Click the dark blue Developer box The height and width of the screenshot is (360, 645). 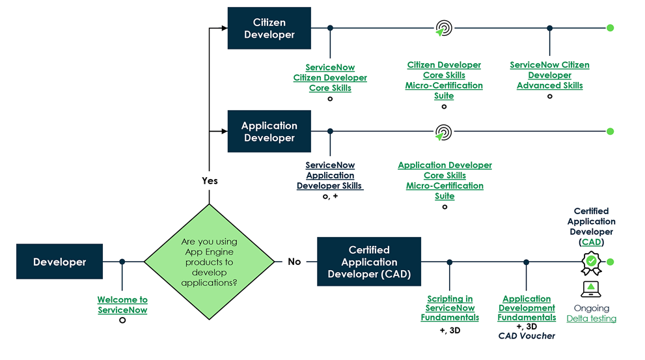tap(59, 262)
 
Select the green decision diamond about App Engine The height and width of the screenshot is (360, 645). tap(209, 261)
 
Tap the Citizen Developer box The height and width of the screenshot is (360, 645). tap(269, 29)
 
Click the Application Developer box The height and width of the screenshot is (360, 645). tap(269, 132)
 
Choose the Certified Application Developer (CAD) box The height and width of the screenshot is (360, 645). tap(369, 262)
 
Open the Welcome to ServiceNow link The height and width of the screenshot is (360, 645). tap(122, 305)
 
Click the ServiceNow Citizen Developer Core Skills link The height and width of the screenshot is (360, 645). tap(330, 77)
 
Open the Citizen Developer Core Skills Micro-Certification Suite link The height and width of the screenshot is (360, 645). tap(444, 80)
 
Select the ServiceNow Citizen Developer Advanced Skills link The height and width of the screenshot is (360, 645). tap(549, 75)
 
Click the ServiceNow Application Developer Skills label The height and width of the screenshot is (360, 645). tap(330, 175)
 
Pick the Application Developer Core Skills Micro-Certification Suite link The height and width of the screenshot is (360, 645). tap(445, 180)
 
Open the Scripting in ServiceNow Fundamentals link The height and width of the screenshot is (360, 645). tap(450, 308)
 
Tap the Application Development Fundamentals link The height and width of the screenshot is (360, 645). tap(527, 308)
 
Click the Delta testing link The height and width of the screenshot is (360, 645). tap(591, 318)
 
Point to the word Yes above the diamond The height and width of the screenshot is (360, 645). tap(210, 180)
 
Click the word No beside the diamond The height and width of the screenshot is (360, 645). tap(294, 262)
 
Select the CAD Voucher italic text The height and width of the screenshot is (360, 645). tap(527, 336)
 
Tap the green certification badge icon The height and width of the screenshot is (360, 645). tap(591, 262)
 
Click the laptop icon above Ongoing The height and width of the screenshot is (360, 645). tap(591, 288)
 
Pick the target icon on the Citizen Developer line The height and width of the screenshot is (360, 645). tap(443, 29)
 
